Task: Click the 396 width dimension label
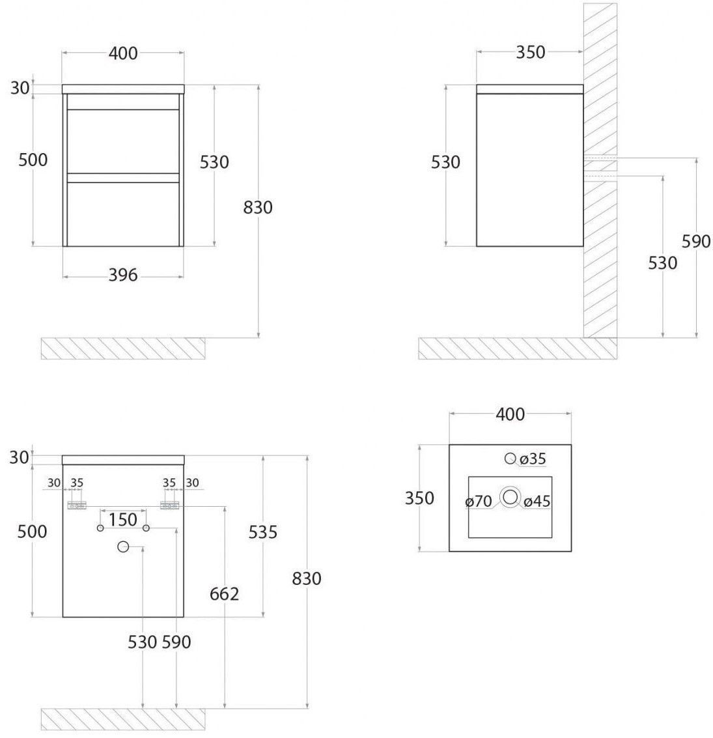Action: [x=123, y=275]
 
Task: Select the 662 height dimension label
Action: [x=225, y=594]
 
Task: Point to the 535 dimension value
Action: [x=262, y=532]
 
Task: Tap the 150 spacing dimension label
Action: [x=123, y=520]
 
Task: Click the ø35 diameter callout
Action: [x=533, y=459]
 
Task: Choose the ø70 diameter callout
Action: [x=479, y=502]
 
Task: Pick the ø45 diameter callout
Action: [x=537, y=502]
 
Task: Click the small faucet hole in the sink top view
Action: [x=510, y=458]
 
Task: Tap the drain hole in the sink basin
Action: [x=510, y=497]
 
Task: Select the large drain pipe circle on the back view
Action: [x=123, y=546]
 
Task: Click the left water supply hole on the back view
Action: [x=100, y=528]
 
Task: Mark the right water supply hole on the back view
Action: [x=146, y=528]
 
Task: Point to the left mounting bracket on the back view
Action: [x=77, y=505]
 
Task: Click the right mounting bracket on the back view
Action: [x=170, y=505]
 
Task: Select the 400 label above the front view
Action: [x=123, y=53]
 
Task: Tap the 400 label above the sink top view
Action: [x=510, y=414]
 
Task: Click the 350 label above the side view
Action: [x=531, y=52]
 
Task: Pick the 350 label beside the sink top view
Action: [x=419, y=498]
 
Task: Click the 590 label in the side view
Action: [x=696, y=242]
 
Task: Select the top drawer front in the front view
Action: [x=123, y=141]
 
